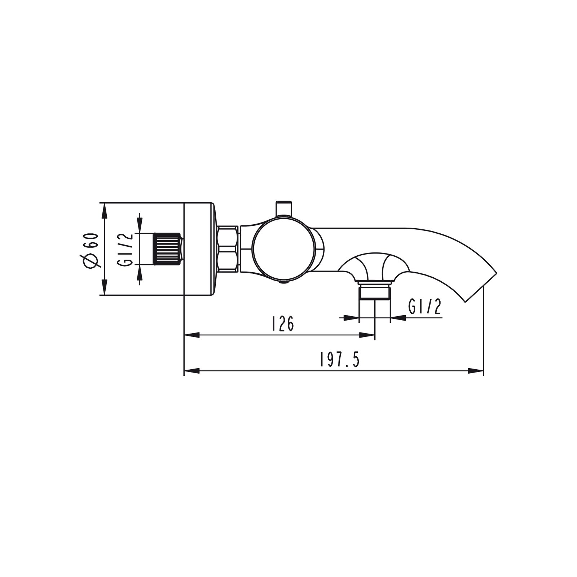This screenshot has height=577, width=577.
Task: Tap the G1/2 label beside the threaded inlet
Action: [x=125, y=250]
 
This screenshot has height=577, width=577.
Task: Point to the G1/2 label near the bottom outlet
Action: [x=425, y=307]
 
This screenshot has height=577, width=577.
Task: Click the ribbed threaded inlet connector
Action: [x=168, y=249]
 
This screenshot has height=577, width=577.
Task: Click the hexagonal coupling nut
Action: [x=228, y=249]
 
